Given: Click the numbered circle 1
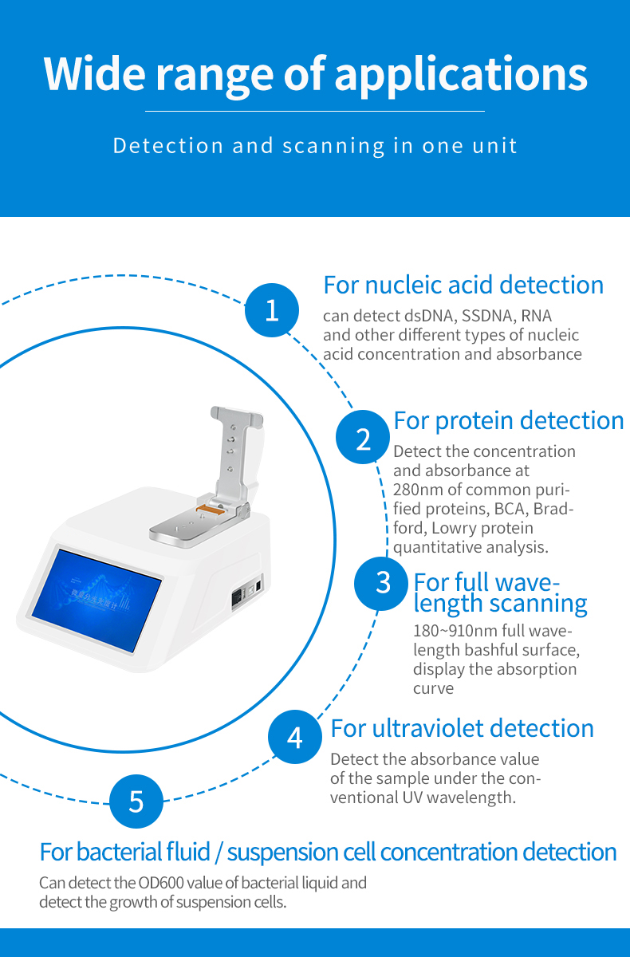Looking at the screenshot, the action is pyautogui.click(x=272, y=309).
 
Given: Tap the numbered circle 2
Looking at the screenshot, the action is pyautogui.click(x=363, y=437).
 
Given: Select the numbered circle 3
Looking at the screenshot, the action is pyautogui.click(x=381, y=583).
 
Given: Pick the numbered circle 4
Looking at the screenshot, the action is pyautogui.click(x=295, y=737).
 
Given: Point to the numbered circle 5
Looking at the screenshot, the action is pyautogui.click(x=136, y=801).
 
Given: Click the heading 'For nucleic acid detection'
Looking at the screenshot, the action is pyautogui.click(x=463, y=285).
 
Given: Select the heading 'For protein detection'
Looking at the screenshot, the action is pyautogui.click(x=509, y=421).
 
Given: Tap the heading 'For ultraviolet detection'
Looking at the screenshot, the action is pyautogui.click(x=463, y=728).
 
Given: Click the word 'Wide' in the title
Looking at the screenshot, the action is pyautogui.click(x=95, y=73).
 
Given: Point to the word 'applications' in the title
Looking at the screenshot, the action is pyautogui.click(x=461, y=76).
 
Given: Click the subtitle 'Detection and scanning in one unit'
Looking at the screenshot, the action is pyautogui.click(x=315, y=146).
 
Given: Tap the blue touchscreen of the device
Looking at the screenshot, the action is pyautogui.click(x=96, y=601).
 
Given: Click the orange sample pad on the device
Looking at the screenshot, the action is pyautogui.click(x=209, y=508).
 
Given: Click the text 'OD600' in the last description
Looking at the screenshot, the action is pyautogui.click(x=160, y=883).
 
